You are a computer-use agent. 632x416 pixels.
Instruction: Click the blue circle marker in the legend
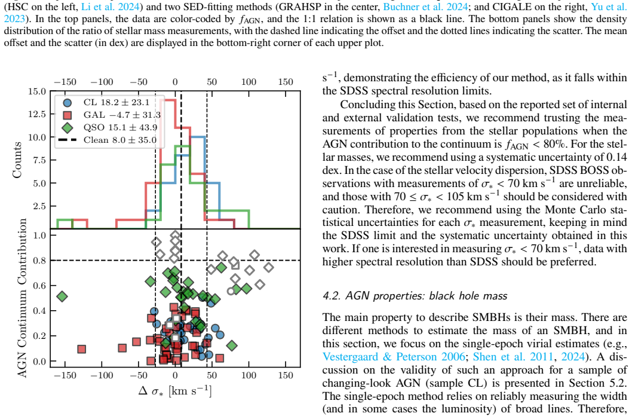(x=68, y=103)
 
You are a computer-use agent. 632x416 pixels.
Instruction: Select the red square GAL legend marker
(x=68, y=115)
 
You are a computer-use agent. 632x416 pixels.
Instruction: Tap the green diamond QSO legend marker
(x=68, y=128)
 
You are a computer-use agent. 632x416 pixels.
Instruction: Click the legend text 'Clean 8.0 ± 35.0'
(x=120, y=140)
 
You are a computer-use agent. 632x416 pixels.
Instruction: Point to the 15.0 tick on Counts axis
(x=36, y=91)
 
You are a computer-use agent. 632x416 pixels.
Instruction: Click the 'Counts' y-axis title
(x=17, y=160)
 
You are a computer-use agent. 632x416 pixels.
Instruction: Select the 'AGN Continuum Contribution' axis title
(x=23, y=298)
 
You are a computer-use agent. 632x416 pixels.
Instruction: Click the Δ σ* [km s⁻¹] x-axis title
(x=175, y=391)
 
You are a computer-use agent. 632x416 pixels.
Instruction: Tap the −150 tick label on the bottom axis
(x=65, y=375)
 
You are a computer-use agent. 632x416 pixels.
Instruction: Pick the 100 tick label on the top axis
(x=248, y=82)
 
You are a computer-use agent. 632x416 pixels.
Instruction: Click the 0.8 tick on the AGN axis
(x=39, y=261)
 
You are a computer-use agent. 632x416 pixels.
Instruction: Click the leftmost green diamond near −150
(x=62, y=296)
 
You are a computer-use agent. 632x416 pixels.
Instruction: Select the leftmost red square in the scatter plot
(x=81, y=349)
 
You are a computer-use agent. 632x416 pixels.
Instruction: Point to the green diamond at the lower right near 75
(x=231, y=345)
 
